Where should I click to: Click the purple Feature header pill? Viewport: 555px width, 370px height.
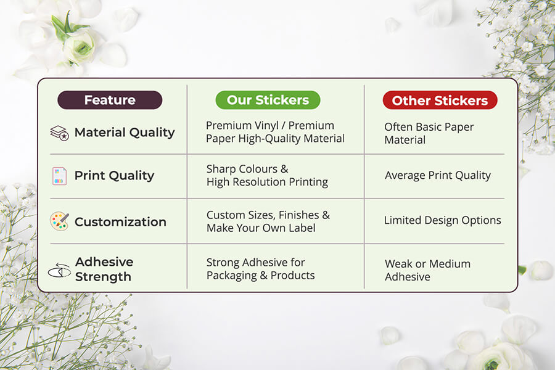110,100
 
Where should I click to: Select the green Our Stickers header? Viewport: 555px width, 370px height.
268,100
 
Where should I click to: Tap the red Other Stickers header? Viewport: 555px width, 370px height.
440,100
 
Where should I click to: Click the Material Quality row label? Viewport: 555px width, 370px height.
125,133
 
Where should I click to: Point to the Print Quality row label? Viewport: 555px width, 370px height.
114,176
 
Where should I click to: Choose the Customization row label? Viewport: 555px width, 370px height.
120,222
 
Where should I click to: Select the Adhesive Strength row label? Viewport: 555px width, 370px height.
104,269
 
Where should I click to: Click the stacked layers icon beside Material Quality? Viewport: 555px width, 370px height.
59,133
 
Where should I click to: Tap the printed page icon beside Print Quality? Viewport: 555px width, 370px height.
59,176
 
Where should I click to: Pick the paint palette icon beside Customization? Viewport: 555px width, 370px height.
59,221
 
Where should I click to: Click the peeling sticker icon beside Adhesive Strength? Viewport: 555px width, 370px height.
59,271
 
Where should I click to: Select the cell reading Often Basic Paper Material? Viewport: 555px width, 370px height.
429,133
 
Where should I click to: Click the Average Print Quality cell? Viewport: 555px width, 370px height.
438,175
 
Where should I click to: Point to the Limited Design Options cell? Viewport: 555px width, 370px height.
442,220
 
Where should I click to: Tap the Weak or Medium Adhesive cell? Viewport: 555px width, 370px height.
427,270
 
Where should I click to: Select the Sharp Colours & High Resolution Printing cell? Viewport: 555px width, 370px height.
267,175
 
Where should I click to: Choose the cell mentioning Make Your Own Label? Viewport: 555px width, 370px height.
268,221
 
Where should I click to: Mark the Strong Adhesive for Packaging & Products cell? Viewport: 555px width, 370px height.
260,269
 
